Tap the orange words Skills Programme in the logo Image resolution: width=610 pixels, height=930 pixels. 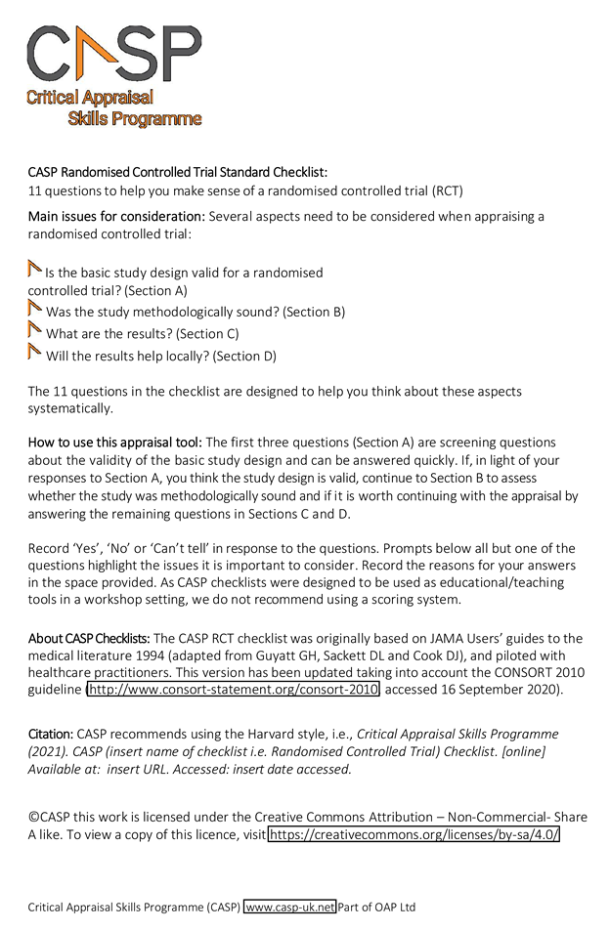[135, 119]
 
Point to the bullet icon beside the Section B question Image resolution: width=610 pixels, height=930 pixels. [35, 311]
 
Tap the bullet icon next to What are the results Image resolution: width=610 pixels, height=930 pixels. [35, 332]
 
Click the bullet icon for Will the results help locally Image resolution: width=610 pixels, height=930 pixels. [35, 354]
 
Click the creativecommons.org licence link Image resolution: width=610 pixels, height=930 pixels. [414, 835]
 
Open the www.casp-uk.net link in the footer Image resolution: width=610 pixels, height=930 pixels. [289, 907]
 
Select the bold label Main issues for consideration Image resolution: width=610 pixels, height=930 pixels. [116, 216]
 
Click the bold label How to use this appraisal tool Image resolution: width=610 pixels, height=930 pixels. [115, 443]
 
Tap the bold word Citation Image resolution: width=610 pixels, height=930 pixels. [50, 734]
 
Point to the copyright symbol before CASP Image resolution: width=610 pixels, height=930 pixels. [33, 817]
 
